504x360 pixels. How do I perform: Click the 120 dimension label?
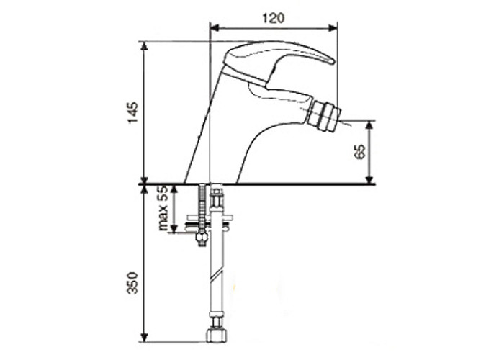[274, 18]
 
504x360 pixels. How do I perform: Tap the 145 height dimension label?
[133, 112]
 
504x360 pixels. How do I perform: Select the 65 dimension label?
[360, 151]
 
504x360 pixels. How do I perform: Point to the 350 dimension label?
[132, 283]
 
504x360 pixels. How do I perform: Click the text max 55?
[164, 209]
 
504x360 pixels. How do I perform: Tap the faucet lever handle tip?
[332, 61]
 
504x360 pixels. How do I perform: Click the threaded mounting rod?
[202, 209]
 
